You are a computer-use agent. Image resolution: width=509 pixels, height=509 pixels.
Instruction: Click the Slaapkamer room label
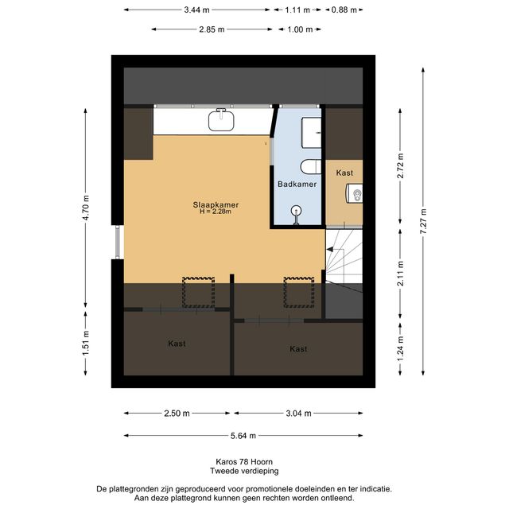[x=216, y=205]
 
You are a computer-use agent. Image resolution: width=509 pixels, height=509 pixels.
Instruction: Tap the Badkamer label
[x=297, y=184]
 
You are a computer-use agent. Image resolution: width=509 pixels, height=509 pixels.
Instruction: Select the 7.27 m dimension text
[x=423, y=221]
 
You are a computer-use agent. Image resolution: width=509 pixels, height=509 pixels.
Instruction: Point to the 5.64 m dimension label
[x=243, y=436]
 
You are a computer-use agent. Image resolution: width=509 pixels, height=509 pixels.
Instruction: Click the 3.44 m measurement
[x=196, y=10]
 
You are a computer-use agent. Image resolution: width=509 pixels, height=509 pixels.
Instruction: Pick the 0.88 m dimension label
[x=344, y=10]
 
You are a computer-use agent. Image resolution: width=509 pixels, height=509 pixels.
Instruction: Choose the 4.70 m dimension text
[x=86, y=208]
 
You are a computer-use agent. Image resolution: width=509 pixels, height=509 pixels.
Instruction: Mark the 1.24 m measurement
[x=400, y=349]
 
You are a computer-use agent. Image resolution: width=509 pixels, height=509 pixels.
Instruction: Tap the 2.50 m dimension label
[x=177, y=414]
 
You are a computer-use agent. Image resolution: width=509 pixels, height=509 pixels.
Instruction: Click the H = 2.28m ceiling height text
[x=216, y=212]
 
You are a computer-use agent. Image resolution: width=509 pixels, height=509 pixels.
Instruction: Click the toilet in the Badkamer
[x=311, y=167]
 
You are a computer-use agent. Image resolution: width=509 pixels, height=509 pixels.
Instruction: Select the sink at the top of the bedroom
[x=221, y=119]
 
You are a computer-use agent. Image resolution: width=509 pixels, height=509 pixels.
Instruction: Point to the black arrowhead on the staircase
[x=330, y=249]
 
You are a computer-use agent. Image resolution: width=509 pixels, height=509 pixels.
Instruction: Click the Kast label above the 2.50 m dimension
[x=177, y=344]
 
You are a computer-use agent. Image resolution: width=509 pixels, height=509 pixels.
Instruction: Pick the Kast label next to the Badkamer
[x=344, y=173]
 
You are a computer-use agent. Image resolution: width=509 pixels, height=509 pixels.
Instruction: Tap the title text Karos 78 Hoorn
[x=244, y=461]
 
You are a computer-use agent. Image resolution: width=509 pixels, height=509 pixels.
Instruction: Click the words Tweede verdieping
[x=244, y=471]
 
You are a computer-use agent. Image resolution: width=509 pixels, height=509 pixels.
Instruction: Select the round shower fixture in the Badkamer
[x=297, y=214]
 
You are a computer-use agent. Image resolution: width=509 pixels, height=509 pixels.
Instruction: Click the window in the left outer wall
[x=118, y=242]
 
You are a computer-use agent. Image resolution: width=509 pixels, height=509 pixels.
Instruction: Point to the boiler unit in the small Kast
[x=354, y=193]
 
